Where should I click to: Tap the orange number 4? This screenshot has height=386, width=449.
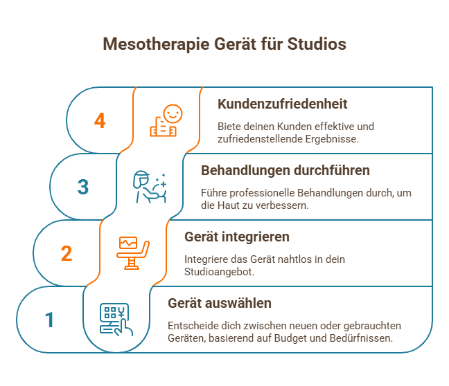point(100,121)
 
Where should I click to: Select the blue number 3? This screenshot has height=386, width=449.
point(83,187)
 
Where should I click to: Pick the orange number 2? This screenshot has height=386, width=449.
point(67,254)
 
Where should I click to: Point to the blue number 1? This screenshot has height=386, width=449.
point(49,320)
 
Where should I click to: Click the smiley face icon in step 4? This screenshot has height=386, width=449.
point(167,121)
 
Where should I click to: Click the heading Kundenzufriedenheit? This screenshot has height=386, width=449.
point(282,104)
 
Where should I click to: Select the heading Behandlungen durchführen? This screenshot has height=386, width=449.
point(285,170)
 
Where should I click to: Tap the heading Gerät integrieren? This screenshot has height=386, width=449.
point(236,237)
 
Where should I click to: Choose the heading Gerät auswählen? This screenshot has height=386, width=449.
point(220,303)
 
